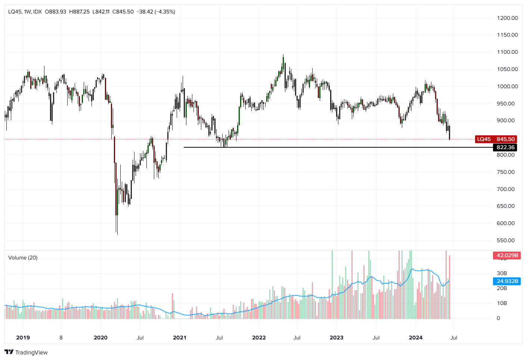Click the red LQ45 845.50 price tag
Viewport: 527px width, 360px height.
(496, 139)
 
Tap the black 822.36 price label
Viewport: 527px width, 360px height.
(505, 147)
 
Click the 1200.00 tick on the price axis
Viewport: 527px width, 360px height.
(507, 18)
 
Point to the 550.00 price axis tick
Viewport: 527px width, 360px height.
(506, 240)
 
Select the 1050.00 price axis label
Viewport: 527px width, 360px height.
(507, 69)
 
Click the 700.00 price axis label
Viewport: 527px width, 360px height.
(506, 189)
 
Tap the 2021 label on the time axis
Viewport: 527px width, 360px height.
(179, 338)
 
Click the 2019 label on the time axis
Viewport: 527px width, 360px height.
(23, 338)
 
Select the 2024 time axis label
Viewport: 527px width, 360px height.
(415, 338)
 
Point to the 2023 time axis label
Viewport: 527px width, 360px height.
(336, 338)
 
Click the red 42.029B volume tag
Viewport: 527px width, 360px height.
(507, 255)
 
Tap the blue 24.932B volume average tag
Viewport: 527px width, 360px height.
(507, 281)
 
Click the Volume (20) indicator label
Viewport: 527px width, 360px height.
(23, 258)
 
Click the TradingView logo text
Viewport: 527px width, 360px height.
(31, 353)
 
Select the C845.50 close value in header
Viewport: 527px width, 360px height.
(123, 12)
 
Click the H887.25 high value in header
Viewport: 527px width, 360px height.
(79, 12)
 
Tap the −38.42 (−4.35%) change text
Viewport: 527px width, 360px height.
(156, 12)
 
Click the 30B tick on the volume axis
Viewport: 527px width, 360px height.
(502, 273)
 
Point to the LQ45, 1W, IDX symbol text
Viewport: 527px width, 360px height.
(25, 12)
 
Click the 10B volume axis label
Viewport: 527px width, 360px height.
(502, 303)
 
